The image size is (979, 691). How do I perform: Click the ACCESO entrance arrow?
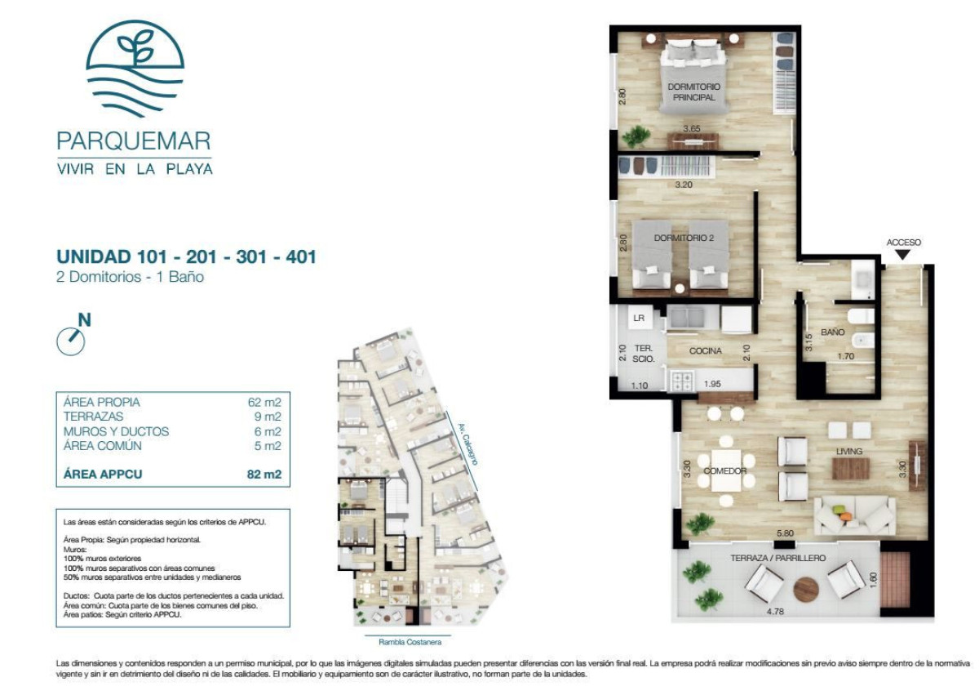click(x=903, y=255)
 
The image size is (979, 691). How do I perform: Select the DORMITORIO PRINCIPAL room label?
click(x=693, y=91)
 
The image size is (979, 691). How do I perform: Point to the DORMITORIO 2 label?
click(x=684, y=239)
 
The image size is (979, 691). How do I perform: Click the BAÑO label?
click(x=832, y=332)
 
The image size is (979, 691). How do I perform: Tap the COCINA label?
click(x=705, y=351)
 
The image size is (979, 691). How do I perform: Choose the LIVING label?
click(x=848, y=452)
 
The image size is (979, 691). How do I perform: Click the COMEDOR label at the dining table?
click(x=724, y=470)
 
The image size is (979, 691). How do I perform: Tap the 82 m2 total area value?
click(x=268, y=474)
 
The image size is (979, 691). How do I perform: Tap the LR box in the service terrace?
click(x=639, y=317)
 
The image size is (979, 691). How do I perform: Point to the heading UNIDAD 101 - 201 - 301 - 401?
click(x=186, y=257)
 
